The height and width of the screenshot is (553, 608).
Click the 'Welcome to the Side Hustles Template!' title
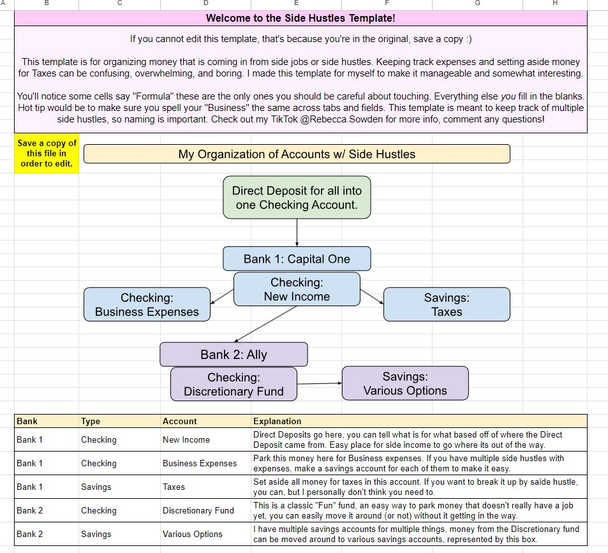[x=300, y=18]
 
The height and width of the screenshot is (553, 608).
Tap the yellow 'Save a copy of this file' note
[x=46, y=154]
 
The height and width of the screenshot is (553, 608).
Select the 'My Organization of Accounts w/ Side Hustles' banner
[x=297, y=154]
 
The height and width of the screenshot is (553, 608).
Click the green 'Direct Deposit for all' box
[x=297, y=198]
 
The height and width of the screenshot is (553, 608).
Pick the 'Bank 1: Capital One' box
[x=297, y=259]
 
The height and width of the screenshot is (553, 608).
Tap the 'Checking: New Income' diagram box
[x=297, y=289]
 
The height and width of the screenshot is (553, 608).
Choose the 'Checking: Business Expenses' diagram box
[x=147, y=304]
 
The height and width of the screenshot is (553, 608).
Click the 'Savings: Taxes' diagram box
[x=446, y=304]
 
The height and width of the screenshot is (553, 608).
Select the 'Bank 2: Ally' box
[x=234, y=355]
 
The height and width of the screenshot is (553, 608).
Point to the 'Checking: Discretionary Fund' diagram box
[x=234, y=384]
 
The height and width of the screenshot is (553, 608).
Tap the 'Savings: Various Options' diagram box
[x=405, y=384]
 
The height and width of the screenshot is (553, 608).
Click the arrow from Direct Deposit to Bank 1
[x=297, y=233]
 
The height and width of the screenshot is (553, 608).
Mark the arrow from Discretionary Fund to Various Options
[x=320, y=383]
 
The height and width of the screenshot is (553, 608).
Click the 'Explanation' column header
[x=278, y=421]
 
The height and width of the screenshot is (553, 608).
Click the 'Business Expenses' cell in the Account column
[x=199, y=463]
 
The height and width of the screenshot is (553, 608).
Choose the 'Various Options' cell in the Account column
[x=192, y=534]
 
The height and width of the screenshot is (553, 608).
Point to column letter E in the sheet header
[x=296, y=3]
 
